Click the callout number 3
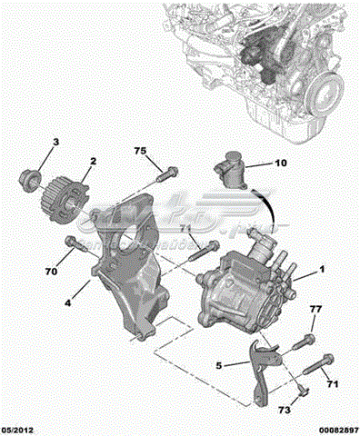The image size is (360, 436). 55,143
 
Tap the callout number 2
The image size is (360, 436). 92,162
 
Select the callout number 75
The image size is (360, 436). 140,150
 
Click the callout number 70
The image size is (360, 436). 52,270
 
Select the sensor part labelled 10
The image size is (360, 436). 235,169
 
